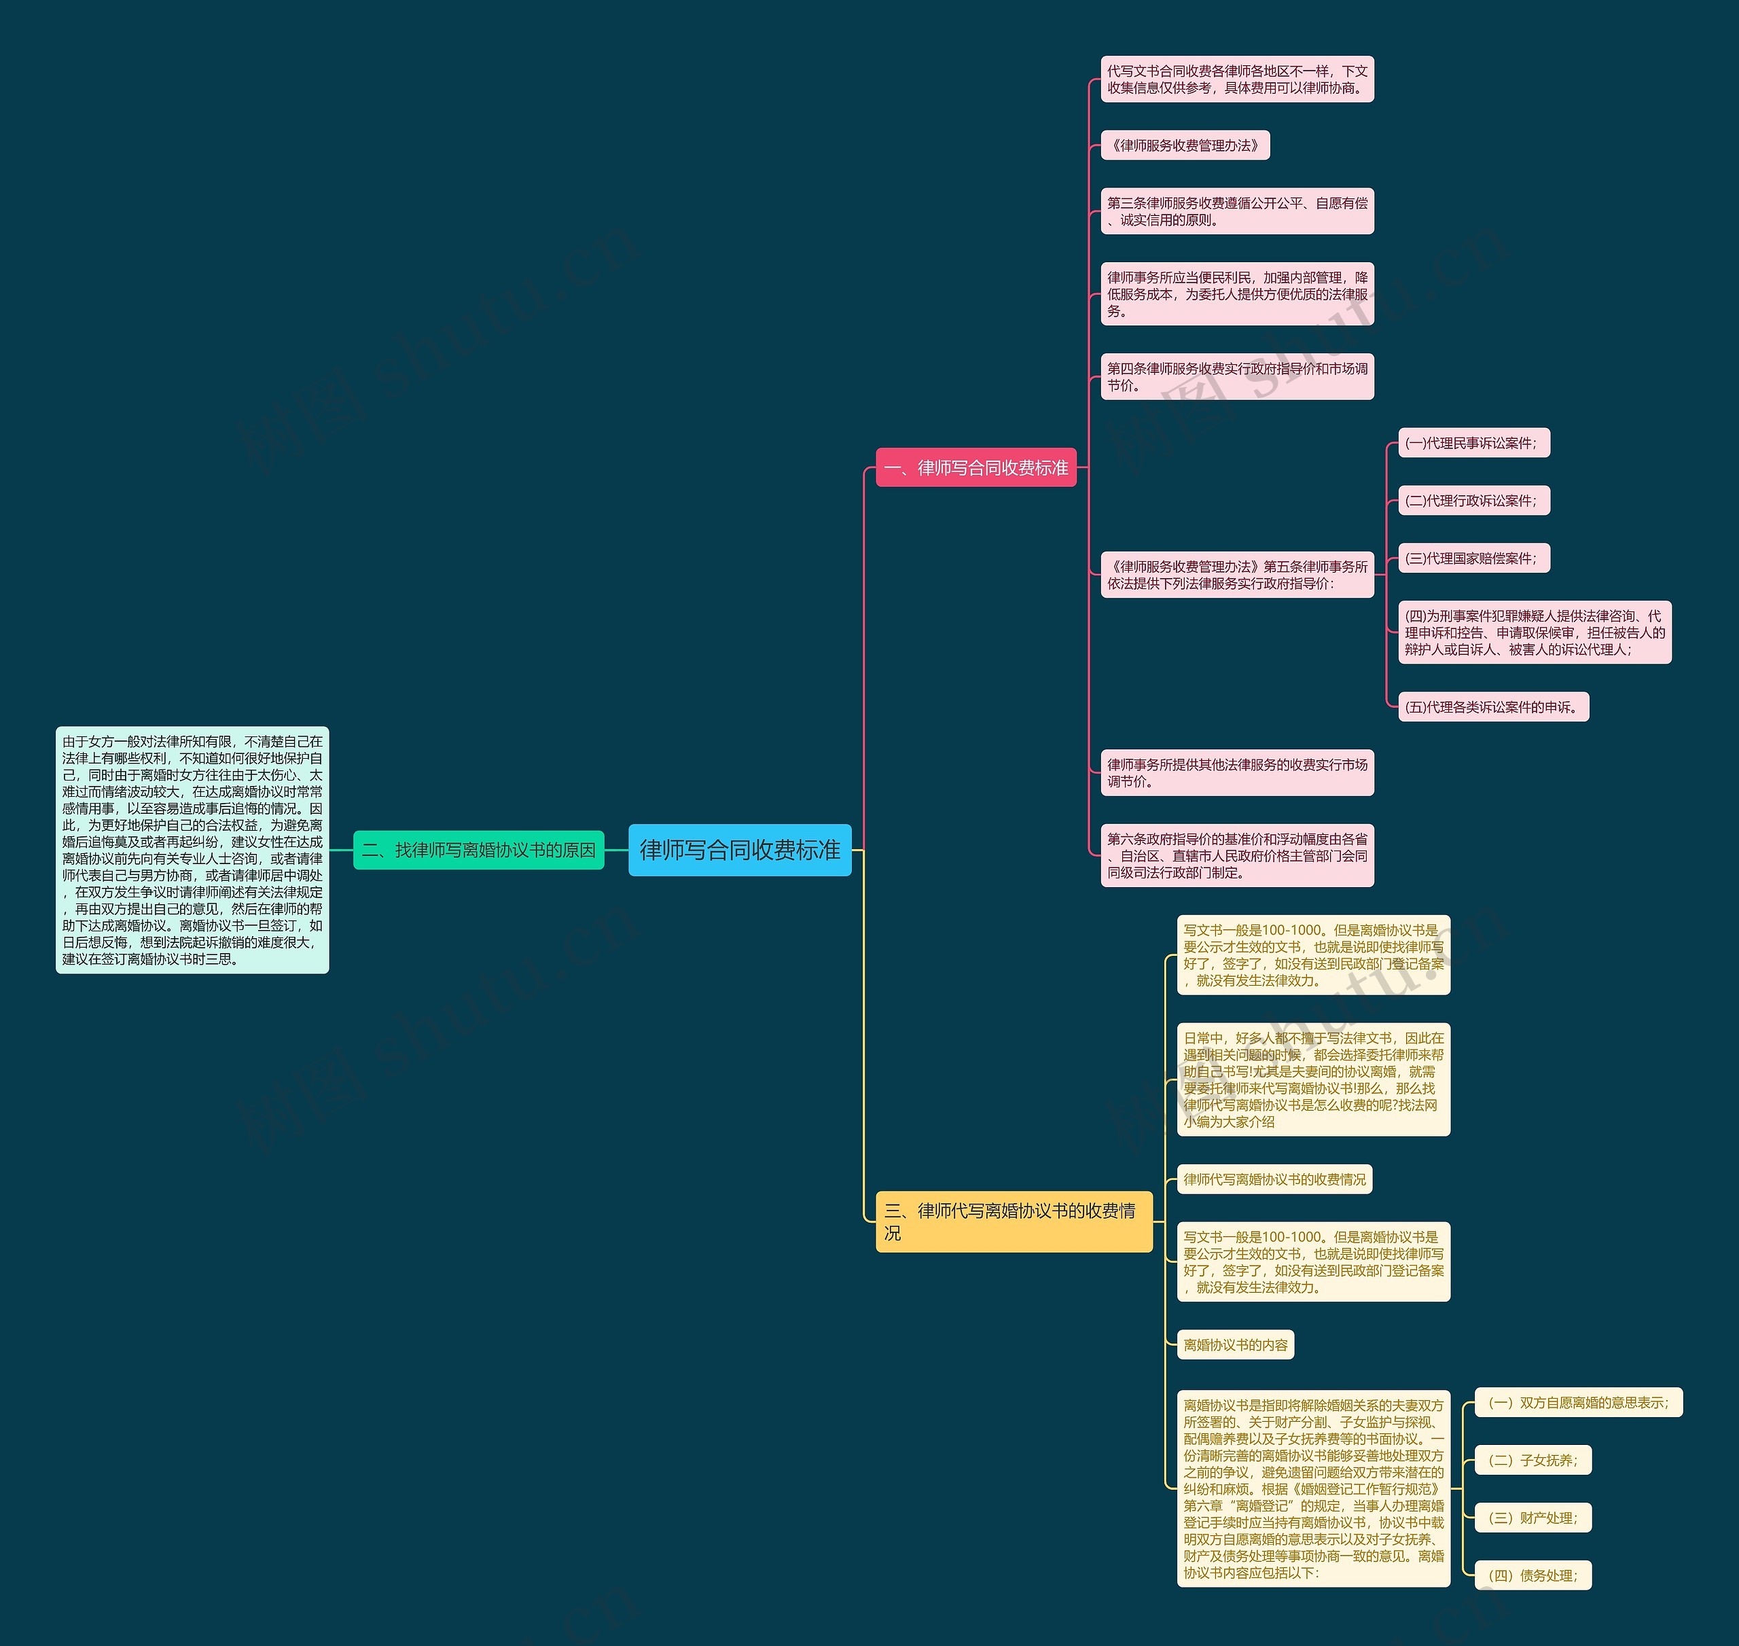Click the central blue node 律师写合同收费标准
pos(740,849)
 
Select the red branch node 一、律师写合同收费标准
pos(975,467)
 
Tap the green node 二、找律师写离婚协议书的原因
pos(478,849)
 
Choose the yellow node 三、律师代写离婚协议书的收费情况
pos(1014,1221)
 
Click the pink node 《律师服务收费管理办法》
pos(1185,145)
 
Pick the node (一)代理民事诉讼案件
pos(1473,443)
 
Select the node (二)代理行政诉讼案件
pos(1473,501)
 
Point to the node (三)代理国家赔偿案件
pos(1473,558)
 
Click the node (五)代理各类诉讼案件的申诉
pos(1492,706)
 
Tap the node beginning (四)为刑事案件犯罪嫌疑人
pos(1534,632)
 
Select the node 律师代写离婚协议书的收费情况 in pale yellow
pos(1274,1179)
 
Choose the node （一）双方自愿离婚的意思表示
pos(1577,1403)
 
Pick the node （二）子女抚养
pos(1532,1460)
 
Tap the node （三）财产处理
pos(1532,1518)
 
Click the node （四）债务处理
pos(1532,1575)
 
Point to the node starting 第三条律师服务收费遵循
pos(1237,211)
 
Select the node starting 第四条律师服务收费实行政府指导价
pos(1237,377)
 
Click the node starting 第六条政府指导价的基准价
pos(1237,855)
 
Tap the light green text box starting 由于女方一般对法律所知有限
pos(192,849)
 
